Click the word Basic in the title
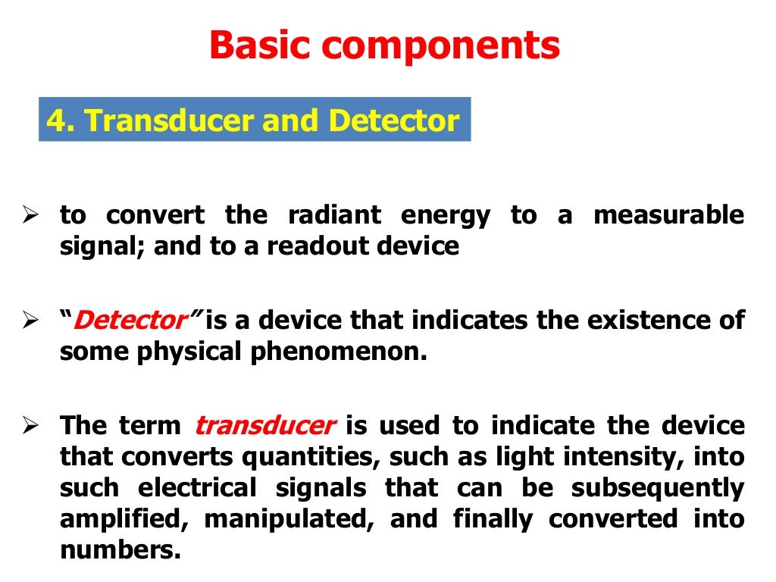258,47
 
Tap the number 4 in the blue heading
55,120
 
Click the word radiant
332,216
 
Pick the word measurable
668,216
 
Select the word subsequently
657,489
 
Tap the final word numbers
120,551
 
